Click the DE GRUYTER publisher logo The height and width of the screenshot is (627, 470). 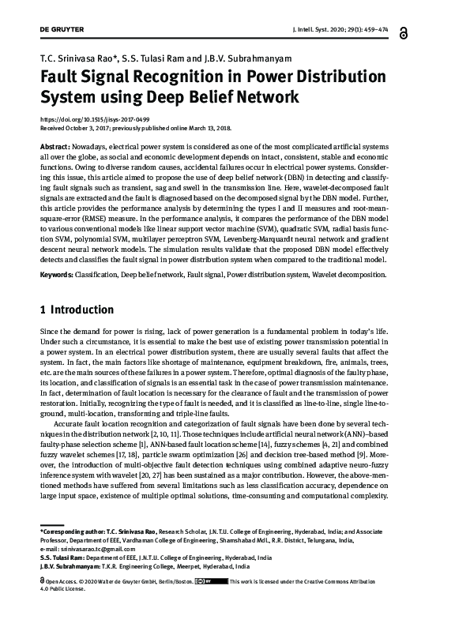coord(62,29)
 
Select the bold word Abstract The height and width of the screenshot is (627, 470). coord(55,148)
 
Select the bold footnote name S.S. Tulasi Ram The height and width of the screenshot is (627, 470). coord(66,558)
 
